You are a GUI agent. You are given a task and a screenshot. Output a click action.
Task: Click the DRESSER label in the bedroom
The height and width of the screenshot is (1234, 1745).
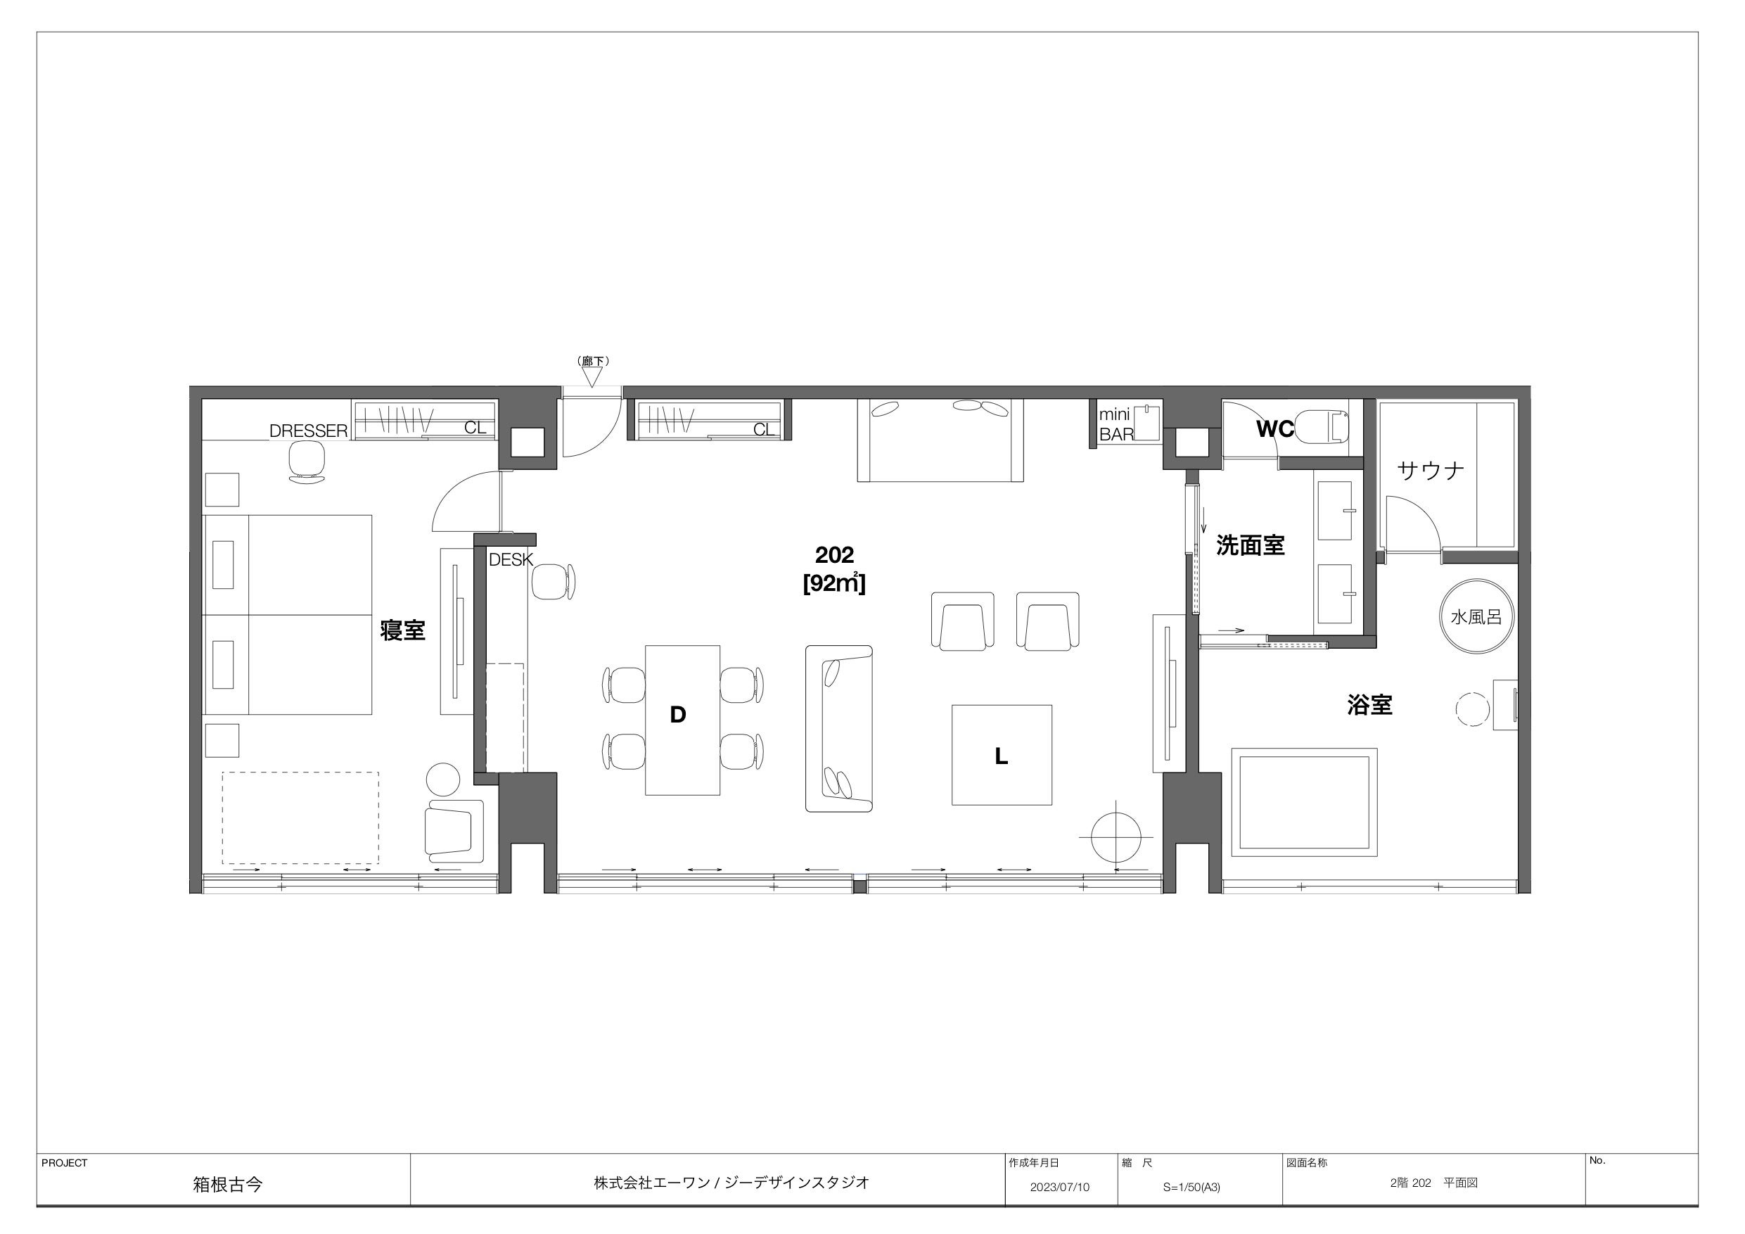309,431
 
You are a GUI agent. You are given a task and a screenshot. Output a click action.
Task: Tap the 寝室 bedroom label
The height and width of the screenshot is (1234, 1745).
403,630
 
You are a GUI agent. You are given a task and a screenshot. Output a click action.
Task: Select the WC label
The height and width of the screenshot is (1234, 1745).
1274,430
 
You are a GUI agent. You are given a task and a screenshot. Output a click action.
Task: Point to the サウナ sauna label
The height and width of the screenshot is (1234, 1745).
1431,471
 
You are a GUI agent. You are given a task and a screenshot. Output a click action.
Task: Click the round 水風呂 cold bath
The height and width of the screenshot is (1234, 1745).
1476,616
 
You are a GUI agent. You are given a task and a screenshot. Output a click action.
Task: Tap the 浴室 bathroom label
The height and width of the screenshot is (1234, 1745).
1369,705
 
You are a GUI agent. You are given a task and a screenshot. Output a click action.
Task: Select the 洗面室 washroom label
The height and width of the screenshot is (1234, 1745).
1251,545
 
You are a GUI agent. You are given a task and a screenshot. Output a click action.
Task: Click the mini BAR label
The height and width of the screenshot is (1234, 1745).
1116,425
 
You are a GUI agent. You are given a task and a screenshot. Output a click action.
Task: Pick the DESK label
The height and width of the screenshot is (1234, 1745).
511,559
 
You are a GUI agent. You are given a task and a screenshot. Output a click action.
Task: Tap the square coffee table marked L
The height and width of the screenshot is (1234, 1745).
1002,754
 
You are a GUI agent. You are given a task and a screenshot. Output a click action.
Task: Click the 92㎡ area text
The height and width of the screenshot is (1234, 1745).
834,584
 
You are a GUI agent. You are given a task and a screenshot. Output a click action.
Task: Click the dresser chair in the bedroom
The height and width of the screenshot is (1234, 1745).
307,462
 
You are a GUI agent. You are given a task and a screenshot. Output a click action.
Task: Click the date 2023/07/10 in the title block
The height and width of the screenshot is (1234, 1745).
1059,1187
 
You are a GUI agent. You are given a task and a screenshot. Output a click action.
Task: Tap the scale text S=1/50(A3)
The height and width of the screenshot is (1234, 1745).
1191,1187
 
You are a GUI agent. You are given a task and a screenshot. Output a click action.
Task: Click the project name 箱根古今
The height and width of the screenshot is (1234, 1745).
227,1185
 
